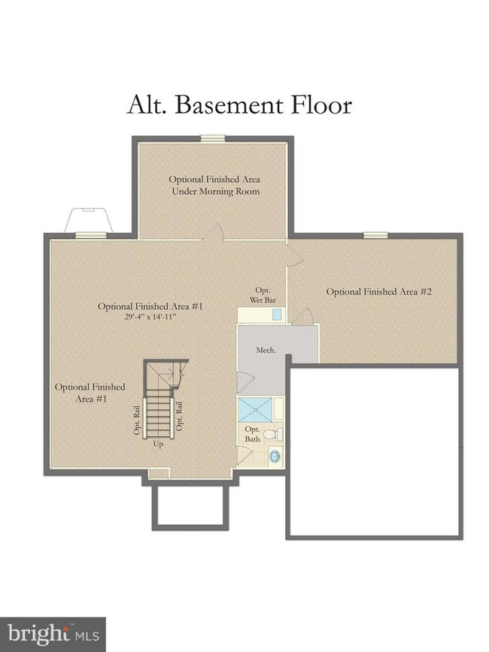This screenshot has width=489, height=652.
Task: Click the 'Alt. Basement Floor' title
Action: point(239,105)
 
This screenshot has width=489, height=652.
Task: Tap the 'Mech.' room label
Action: point(266,350)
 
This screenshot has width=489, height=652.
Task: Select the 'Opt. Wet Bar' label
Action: point(263,295)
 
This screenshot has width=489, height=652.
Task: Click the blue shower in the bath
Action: point(255,409)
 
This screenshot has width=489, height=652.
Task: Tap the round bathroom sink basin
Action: point(275,456)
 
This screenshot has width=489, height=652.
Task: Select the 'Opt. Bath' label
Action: point(253,434)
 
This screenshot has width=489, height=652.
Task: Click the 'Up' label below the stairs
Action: point(158,444)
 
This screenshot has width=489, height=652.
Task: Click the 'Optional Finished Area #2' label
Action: point(379,292)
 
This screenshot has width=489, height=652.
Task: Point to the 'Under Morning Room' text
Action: point(216,191)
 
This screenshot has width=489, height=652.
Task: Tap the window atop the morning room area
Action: point(213,138)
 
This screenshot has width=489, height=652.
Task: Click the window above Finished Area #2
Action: point(376,235)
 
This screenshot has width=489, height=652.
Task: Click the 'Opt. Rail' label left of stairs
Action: point(137,420)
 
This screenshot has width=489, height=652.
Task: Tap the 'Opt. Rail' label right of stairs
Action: point(179,416)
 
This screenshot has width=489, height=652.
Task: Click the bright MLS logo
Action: point(53,635)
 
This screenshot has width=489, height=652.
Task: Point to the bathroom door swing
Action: point(244,455)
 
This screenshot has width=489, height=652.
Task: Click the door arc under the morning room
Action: point(214,232)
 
